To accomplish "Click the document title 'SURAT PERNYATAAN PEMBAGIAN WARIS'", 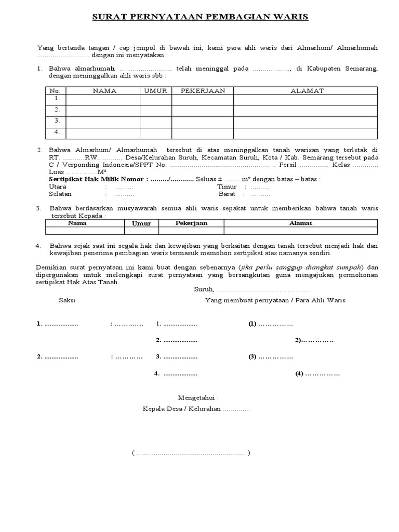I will coord(200,17).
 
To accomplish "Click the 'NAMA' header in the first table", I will coord(104,90).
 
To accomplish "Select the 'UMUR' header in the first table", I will coord(155,90).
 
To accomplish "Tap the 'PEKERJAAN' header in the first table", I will coord(202,90).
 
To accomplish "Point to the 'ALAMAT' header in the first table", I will coord(307,90).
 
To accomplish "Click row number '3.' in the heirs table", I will coord(56,121).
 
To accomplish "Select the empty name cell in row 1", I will coord(102,99).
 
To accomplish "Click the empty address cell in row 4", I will coord(305,132).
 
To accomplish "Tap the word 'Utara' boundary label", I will coord(58,187).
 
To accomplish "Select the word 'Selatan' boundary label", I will coord(60,194).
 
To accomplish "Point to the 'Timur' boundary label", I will coord(227,187).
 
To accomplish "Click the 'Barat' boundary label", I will coord(227,194).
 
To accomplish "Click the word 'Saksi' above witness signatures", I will coord(68,300).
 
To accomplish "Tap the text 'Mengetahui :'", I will coord(198,397).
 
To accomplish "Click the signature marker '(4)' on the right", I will coord(299,374).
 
